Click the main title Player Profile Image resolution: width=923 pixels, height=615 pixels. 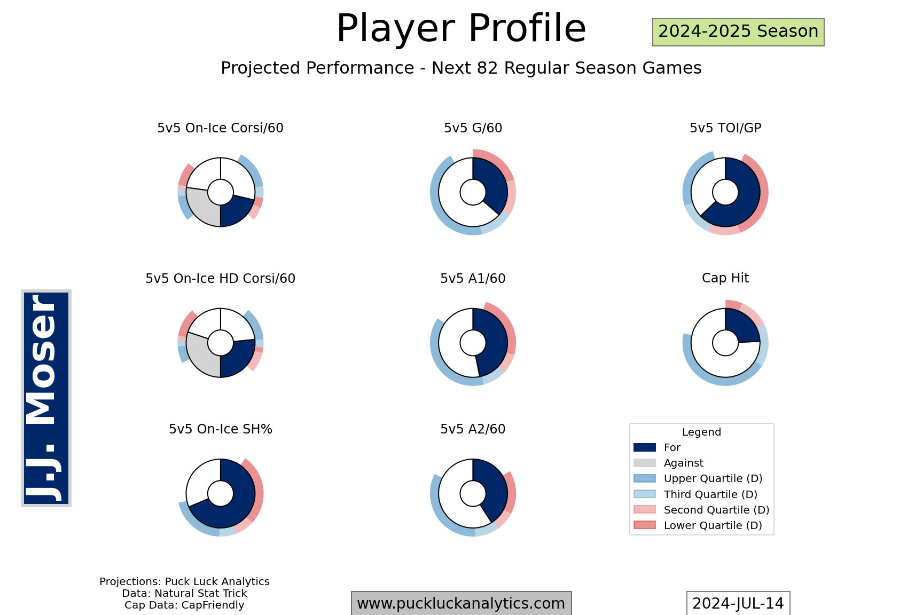point(461,28)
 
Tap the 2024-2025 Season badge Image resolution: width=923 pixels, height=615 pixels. point(738,32)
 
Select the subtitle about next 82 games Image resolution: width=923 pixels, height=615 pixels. point(461,68)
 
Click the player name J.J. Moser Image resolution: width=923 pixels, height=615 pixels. point(46,398)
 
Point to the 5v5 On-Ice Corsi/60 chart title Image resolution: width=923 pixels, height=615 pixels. point(220,128)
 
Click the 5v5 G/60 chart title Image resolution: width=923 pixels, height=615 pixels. point(473,128)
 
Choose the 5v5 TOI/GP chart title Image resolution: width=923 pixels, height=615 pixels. point(725,128)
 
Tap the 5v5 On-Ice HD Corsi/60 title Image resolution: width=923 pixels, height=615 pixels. point(220,279)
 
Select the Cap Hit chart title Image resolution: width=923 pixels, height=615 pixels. point(725,278)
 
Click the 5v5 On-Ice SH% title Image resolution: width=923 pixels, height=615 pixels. point(220,429)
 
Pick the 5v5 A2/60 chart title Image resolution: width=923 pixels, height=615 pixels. point(473,429)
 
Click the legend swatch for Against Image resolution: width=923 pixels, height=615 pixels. point(645,463)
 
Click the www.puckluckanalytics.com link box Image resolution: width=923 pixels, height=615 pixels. point(461,604)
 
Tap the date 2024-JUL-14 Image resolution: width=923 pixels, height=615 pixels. point(738,604)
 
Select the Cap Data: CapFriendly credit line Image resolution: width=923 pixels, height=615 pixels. point(184,605)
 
